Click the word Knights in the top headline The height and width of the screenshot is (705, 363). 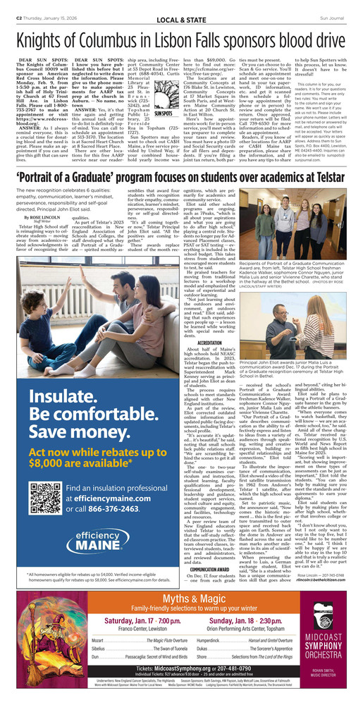[48, 40]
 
